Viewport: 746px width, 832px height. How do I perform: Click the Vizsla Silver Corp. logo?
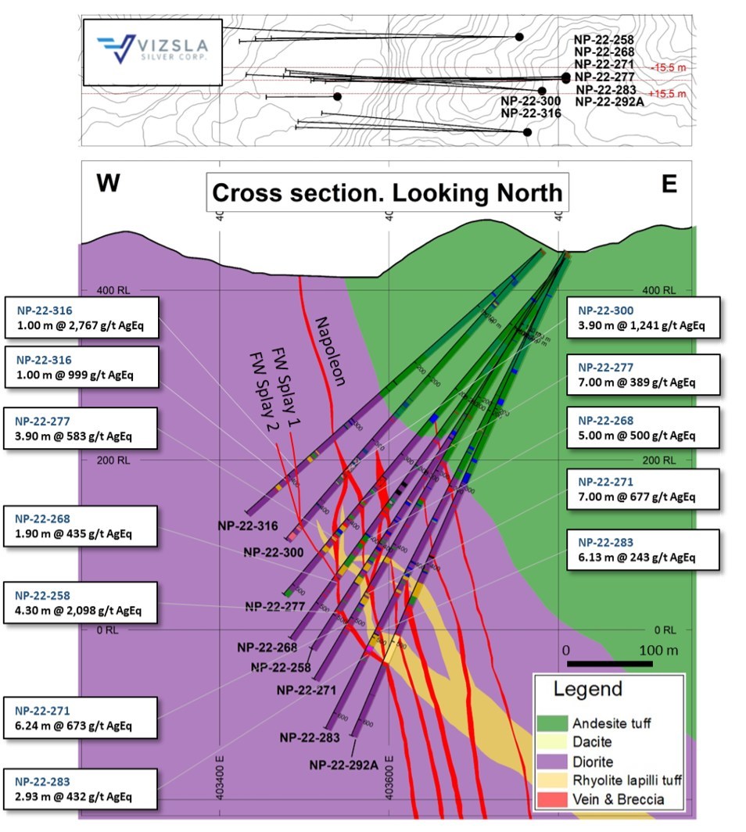tap(152, 50)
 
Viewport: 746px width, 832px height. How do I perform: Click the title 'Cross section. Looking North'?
tap(387, 192)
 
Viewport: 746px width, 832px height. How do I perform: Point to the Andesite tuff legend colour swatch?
tap(553, 724)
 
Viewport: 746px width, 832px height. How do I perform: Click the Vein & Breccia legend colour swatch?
tap(553, 799)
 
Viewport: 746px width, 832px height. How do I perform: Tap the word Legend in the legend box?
tap(587, 690)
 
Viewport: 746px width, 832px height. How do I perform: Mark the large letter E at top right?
tap(669, 183)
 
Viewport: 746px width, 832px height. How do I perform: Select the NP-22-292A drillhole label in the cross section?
tap(343, 765)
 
